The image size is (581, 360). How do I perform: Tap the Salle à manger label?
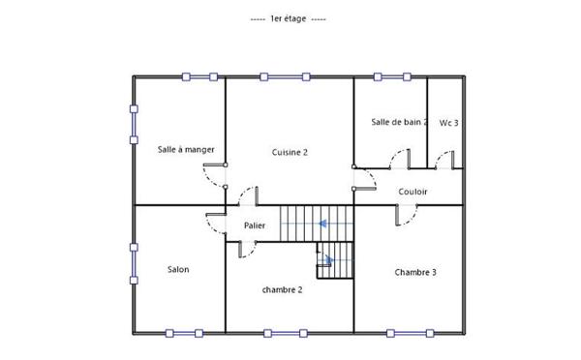pyautogui.click(x=186, y=149)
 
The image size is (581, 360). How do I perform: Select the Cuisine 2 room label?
pyautogui.click(x=290, y=152)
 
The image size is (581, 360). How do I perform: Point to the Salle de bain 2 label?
pyautogui.click(x=399, y=122)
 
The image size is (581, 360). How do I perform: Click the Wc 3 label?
pyautogui.click(x=448, y=123)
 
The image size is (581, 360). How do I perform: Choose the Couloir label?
pyautogui.click(x=413, y=192)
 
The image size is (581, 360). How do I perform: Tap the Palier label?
pyautogui.click(x=255, y=225)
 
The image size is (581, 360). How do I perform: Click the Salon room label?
pyautogui.click(x=178, y=269)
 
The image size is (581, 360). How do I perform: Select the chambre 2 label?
pyautogui.click(x=283, y=289)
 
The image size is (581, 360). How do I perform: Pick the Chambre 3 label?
pyautogui.click(x=415, y=272)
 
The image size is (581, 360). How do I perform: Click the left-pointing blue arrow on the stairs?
pyautogui.click(x=321, y=224)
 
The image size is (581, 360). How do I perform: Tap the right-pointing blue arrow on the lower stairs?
pyautogui.click(x=328, y=258)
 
